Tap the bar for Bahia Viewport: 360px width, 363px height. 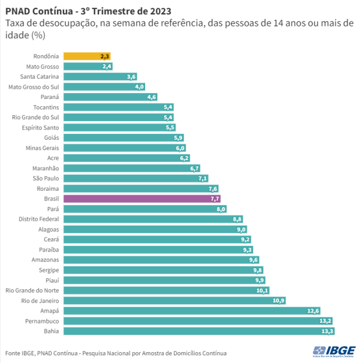coord(198,331)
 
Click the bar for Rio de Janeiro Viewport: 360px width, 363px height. coord(174,301)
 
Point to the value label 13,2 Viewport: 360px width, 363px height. coord(325,321)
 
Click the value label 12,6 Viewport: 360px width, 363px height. coord(313,311)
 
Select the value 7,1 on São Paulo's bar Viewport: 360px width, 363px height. coord(202,178)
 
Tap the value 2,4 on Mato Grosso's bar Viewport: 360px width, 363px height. coord(107,66)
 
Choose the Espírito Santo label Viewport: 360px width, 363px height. coord(40,127)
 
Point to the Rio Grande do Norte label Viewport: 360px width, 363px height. coord(32,290)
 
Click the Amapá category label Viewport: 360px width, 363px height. coord(49,311)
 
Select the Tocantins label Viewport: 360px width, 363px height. coord(46,107)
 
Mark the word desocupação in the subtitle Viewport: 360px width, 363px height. coord(60,23)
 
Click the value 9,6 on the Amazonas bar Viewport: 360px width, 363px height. coord(253,260)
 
